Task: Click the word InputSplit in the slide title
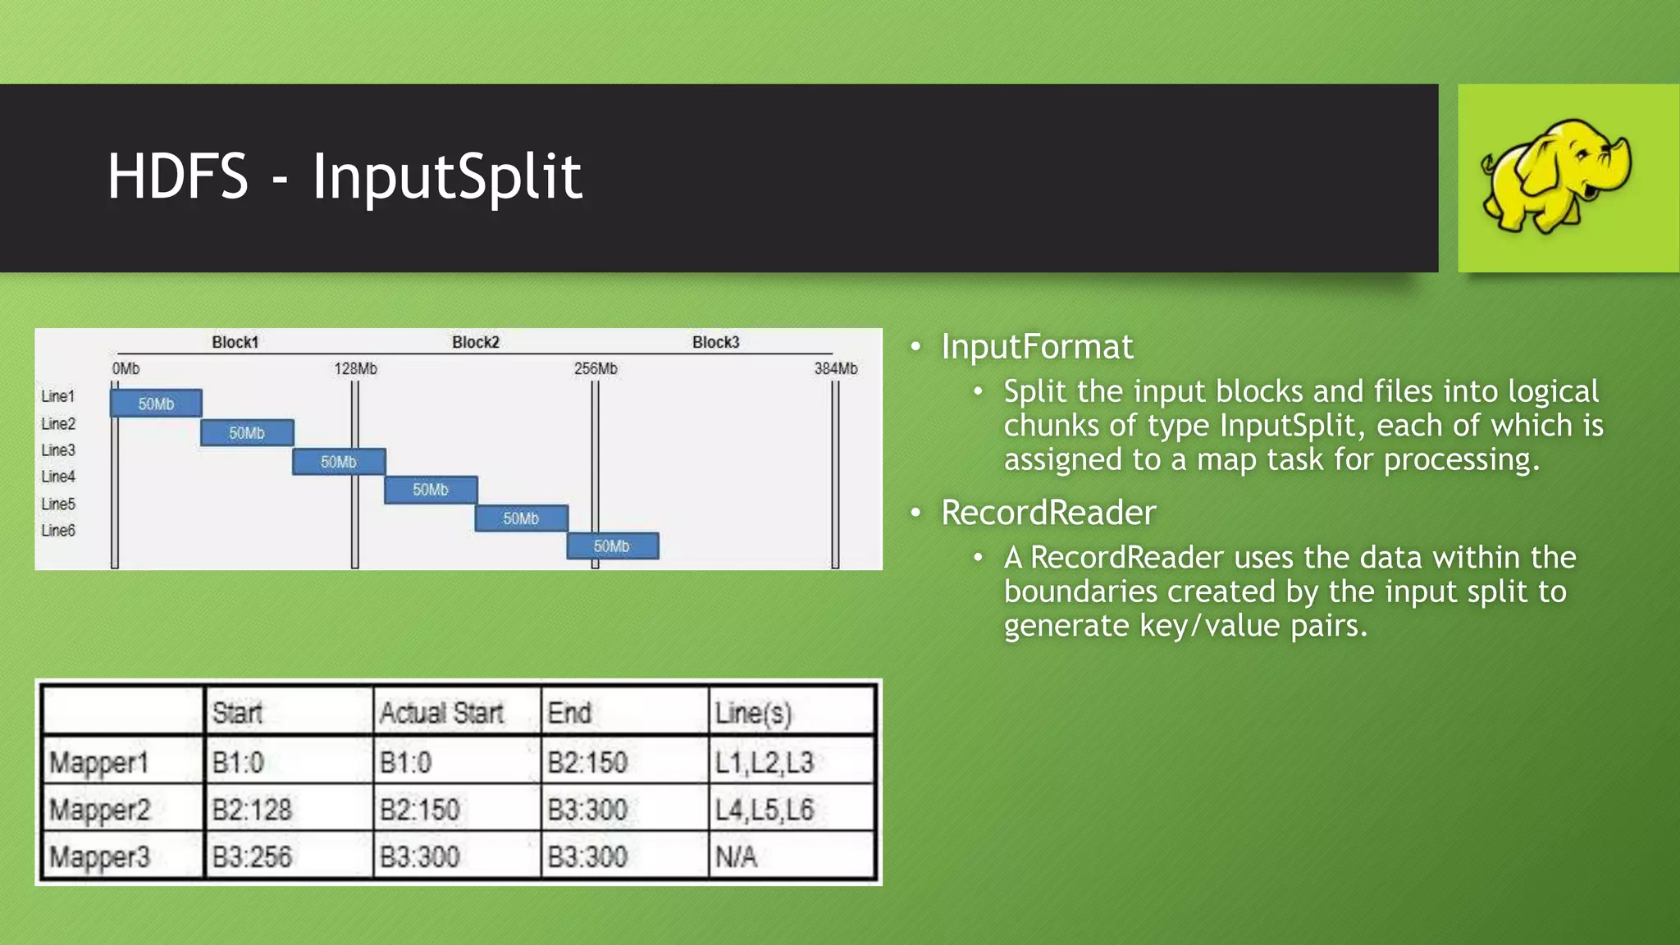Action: click(447, 176)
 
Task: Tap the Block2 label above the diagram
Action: click(476, 342)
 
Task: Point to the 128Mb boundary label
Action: click(355, 369)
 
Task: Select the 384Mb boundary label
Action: click(835, 369)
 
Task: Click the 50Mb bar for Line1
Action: click(156, 404)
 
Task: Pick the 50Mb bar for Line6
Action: click(612, 546)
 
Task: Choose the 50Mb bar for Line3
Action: click(338, 462)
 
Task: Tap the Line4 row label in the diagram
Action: click(58, 477)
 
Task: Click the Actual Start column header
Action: click(441, 713)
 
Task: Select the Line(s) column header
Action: click(753, 713)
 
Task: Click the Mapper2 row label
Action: click(100, 810)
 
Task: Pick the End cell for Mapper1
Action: click(587, 762)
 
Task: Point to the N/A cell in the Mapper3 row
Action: click(736, 857)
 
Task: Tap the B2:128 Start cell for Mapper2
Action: click(252, 810)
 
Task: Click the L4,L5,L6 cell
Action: click(765, 810)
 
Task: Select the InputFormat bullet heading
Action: click(1037, 347)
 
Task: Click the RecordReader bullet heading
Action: click(1048, 513)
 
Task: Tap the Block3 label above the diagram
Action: click(715, 342)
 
